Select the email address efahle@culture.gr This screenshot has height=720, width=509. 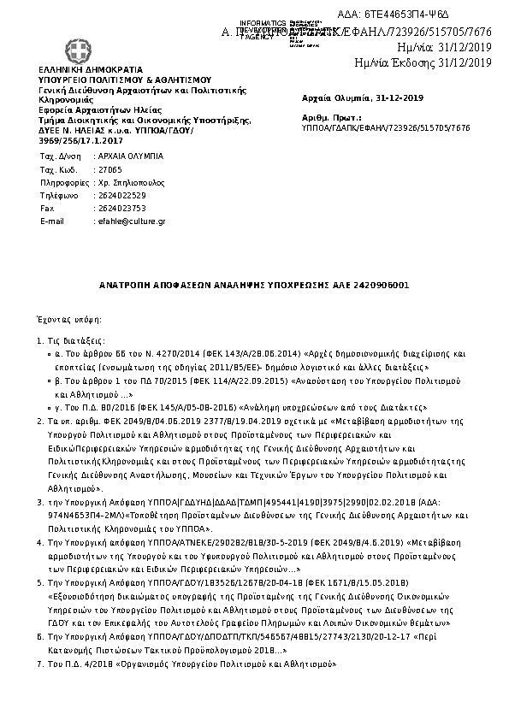point(129,221)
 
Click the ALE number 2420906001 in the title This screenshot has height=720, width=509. point(381,283)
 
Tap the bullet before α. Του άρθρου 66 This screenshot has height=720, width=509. point(48,351)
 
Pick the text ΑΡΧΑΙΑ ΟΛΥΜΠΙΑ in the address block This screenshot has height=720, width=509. point(127,157)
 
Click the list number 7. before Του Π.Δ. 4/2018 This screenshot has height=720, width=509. point(39,664)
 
